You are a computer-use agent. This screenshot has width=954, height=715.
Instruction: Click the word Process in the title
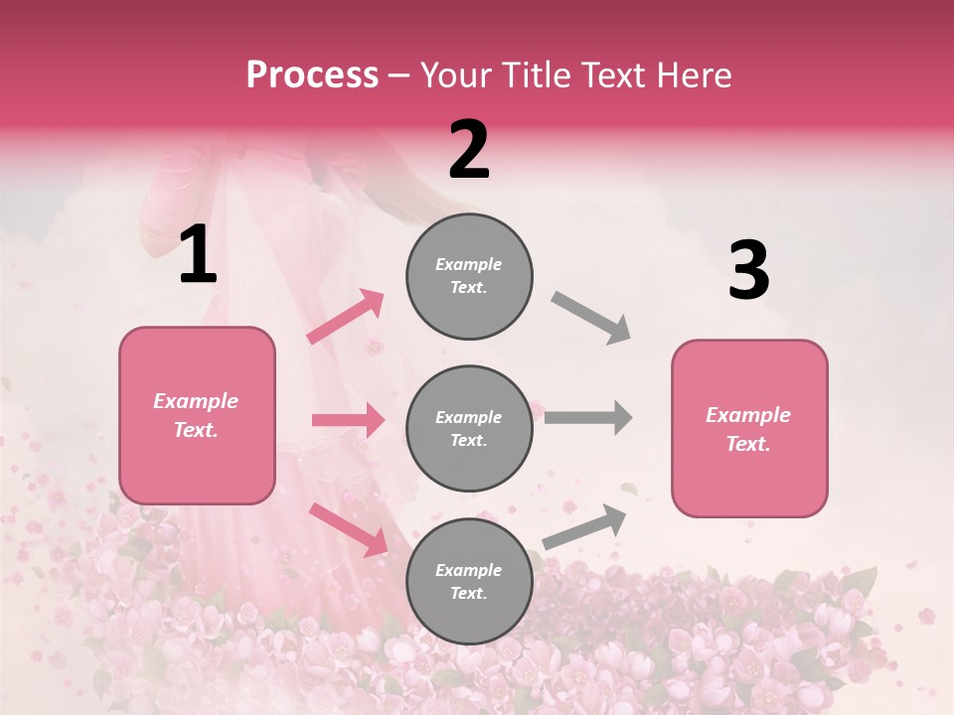point(312,75)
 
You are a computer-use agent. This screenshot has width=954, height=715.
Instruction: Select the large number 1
point(198,255)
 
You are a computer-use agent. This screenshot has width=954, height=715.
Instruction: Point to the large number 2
point(469,150)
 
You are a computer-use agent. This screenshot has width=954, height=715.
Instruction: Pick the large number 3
point(748,270)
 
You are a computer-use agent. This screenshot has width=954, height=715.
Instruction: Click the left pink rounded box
point(197,415)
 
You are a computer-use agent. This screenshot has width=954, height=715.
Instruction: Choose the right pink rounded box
point(749,429)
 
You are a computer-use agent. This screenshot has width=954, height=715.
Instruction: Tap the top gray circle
point(469,276)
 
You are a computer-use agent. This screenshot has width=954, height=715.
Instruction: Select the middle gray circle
point(469,429)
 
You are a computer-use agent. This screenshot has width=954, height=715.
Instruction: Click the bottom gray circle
point(469,582)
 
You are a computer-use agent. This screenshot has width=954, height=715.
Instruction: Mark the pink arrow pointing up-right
point(345,317)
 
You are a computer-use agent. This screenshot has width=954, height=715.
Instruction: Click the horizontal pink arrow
point(348,420)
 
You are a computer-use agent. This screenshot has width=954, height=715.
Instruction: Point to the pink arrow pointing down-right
point(348,528)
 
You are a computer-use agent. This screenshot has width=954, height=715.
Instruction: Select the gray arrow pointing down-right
point(590,318)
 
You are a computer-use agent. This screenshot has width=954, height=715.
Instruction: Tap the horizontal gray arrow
point(588,417)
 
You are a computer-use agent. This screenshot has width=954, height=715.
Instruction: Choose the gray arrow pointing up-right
point(584,526)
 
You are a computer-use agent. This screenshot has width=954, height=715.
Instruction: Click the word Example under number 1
point(196,401)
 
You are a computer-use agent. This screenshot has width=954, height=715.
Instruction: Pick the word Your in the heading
point(452,75)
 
